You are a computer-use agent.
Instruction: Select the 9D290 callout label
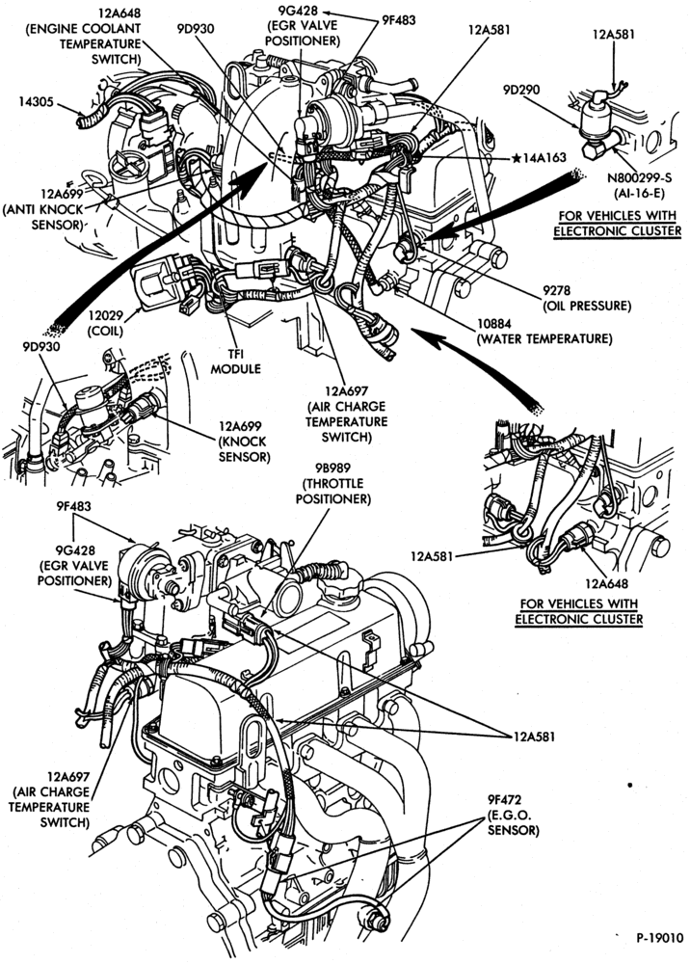click(521, 91)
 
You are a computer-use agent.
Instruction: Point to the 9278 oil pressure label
click(588, 298)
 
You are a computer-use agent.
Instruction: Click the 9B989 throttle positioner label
click(333, 483)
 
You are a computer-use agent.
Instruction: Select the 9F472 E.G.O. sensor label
click(513, 816)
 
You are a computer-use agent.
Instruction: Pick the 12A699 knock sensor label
click(243, 442)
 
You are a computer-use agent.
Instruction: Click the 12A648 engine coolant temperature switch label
click(84, 37)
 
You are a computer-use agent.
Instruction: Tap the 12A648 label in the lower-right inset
click(606, 583)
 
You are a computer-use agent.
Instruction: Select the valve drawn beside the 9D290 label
click(599, 124)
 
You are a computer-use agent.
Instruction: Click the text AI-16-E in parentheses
click(640, 193)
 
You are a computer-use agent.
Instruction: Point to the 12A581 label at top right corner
click(613, 34)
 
